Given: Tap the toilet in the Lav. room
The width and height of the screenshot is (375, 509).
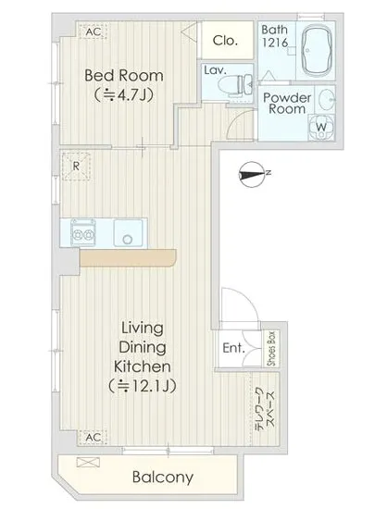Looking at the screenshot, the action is pyautogui.click(x=235, y=86).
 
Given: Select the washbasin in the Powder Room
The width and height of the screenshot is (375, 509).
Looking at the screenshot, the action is pyautogui.click(x=326, y=99).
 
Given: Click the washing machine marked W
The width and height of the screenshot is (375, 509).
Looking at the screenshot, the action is pyautogui.click(x=321, y=127).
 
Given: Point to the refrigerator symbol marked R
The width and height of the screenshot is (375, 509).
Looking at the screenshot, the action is pyautogui.click(x=76, y=167).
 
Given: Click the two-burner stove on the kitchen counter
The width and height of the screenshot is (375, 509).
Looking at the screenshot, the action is pyautogui.click(x=83, y=232).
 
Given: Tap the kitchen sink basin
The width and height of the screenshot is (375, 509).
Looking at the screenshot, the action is pyautogui.click(x=129, y=233).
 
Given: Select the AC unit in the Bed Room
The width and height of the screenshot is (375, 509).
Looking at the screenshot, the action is pyautogui.click(x=94, y=31).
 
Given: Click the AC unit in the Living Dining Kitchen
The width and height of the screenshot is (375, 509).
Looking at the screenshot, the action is pyautogui.click(x=94, y=437).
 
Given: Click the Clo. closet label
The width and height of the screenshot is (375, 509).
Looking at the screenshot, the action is pyautogui.click(x=225, y=41).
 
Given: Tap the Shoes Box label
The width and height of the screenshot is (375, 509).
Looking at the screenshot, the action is pyautogui.click(x=271, y=348).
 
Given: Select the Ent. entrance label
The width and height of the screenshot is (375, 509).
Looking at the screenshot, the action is pyautogui.click(x=233, y=348).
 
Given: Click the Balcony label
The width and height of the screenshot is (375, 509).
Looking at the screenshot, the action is pyautogui.click(x=163, y=478).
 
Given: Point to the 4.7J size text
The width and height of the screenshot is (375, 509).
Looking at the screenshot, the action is pyautogui.click(x=124, y=95).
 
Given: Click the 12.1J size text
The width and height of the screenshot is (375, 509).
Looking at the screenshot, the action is pyautogui.click(x=143, y=386).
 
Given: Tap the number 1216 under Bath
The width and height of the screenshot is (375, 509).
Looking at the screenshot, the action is pyautogui.click(x=275, y=43).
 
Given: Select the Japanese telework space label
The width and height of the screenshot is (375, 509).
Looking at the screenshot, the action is pyautogui.click(x=266, y=409).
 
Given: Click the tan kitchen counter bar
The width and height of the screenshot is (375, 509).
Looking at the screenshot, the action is pyautogui.click(x=128, y=258).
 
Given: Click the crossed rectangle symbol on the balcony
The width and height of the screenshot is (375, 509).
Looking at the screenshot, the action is pyautogui.click(x=88, y=462).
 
